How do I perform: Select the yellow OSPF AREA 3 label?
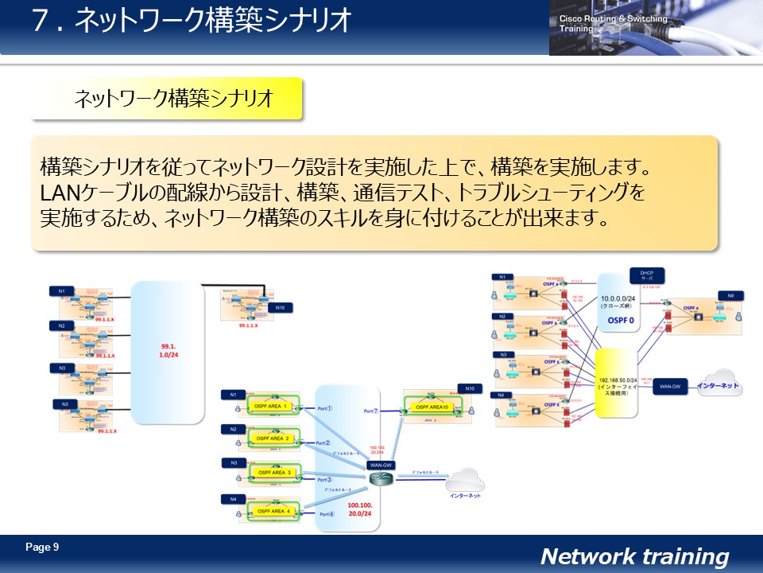click(x=272, y=473)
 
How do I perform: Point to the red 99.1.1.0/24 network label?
click(x=168, y=351)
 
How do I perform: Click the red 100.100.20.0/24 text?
click(x=360, y=509)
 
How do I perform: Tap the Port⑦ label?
click(x=371, y=411)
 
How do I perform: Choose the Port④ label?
click(x=327, y=514)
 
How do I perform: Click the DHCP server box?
click(x=646, y=277)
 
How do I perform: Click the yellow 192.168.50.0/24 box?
click(x=617, y=383)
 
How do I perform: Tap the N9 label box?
click(x=729, y=295)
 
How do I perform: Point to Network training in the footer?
click(x=634, y=556)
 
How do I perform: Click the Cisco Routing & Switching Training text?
click(x=613, y=23)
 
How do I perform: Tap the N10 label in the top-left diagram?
click(x=279, y=307)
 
